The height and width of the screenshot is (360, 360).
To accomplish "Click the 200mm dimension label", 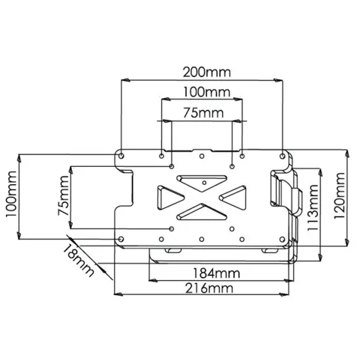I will coord(202,70).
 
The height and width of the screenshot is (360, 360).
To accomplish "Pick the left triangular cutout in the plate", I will coord(168,196).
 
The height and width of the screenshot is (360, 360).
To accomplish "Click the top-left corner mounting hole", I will coord(120,156).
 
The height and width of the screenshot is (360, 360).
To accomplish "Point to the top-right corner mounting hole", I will coord(283,156).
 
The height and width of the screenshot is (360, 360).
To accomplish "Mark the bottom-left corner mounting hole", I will coord(120,238).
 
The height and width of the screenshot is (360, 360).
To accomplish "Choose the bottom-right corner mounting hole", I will coord(283,238).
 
